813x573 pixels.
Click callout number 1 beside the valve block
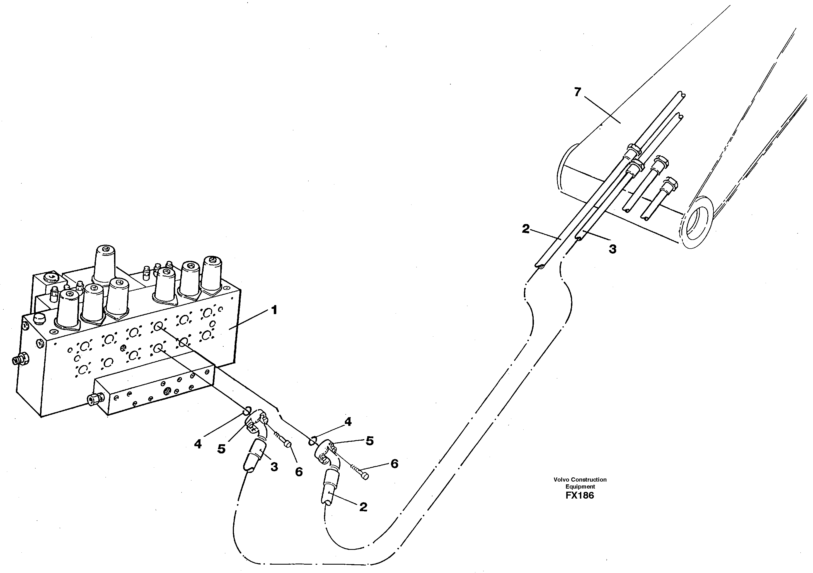pos(274,310)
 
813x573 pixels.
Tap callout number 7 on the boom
pos(577,92)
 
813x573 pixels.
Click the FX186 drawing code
pos(580,496)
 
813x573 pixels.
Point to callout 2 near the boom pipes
pos(526,229)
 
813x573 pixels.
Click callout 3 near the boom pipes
pos(613,249)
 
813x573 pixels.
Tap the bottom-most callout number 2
pos(363,507)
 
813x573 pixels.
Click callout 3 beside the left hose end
pos(274,467)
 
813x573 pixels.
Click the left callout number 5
pos(221,449)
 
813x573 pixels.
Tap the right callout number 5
pos(369,441)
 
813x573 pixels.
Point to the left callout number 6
pos(299,472)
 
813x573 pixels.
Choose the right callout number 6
pos(395,464)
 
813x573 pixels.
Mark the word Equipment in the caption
pos(580,487)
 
